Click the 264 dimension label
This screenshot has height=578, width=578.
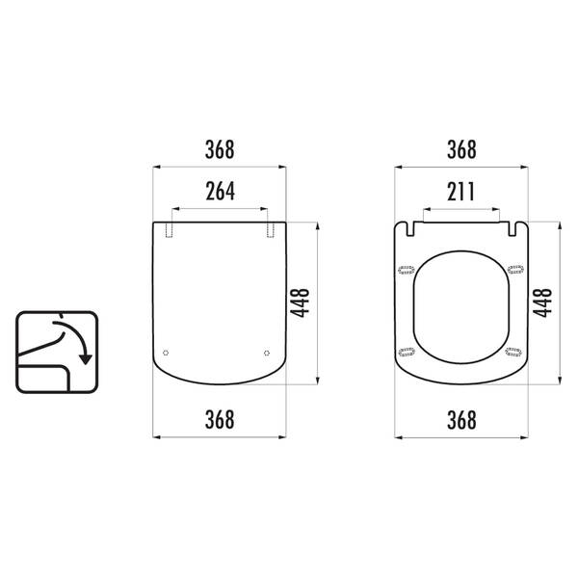pos(220,192)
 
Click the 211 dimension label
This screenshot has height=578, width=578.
pos(460,192)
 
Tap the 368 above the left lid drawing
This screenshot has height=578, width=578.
pos(220,149)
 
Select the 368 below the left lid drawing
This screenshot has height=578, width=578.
pos(220,419)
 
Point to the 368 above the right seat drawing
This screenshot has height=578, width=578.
pos(461,149)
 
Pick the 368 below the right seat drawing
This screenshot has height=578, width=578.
pos(461,419)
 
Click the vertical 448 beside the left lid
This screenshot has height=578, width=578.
pos(300,302)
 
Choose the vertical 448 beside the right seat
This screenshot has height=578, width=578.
pos(542,302)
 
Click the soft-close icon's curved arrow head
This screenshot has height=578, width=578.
pos(86,359)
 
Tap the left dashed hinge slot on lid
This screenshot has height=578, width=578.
pos(169,229)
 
